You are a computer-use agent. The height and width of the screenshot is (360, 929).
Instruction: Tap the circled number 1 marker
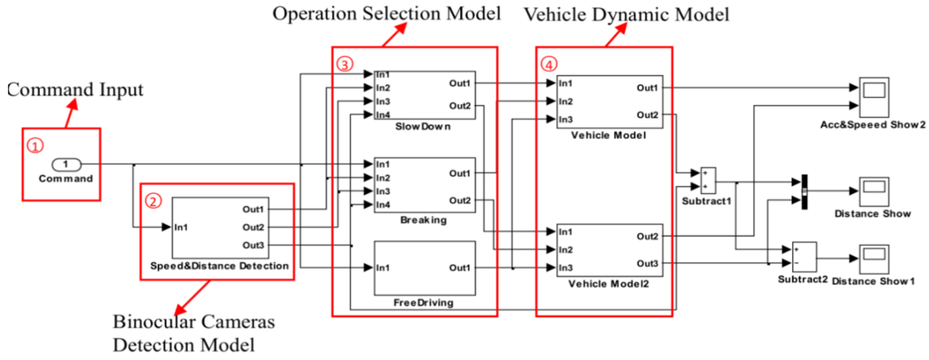coord(34,144)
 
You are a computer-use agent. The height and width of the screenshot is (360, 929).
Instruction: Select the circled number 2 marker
coord(153,199)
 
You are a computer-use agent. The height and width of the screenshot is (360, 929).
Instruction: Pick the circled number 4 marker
coord(548,64)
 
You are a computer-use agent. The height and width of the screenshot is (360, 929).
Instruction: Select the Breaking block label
coord(418,220)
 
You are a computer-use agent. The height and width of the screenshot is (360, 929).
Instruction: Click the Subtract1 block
coord(708,175)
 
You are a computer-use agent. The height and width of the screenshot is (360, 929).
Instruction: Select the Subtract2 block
coord(802,251)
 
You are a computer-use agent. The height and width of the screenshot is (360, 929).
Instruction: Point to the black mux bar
coord(803,191)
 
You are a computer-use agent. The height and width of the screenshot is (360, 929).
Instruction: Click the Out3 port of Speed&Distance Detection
coord(253,245)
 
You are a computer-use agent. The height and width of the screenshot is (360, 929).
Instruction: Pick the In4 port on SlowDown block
coord(384,114)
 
